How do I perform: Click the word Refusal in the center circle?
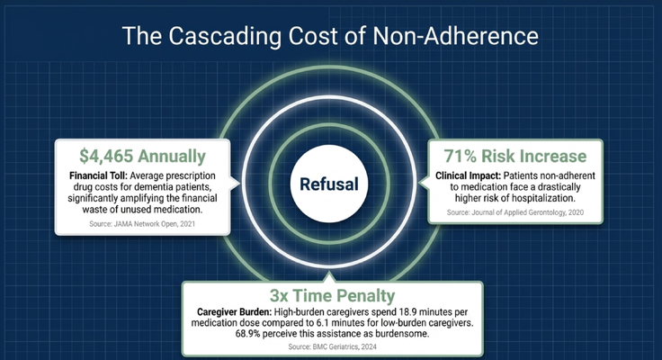click(x=329, y=184)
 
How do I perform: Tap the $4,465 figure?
click(x=106, y=157)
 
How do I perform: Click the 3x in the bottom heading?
click(x=279, y=296)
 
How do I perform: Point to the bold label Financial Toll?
click(x=98, y=175)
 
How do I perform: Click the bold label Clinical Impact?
click(x=469, y=175)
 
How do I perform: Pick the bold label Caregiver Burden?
click(x=235, y=312)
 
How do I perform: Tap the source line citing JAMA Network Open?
click(x=142, y=224)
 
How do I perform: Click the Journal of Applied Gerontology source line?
click(x=515, y=212)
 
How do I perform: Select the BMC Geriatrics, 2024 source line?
click(x=332, y=346)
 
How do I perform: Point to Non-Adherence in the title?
click(x=455, y=35)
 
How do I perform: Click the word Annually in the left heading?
click(x=172, y=157)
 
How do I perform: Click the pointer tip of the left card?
click(x=239, y=183)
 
